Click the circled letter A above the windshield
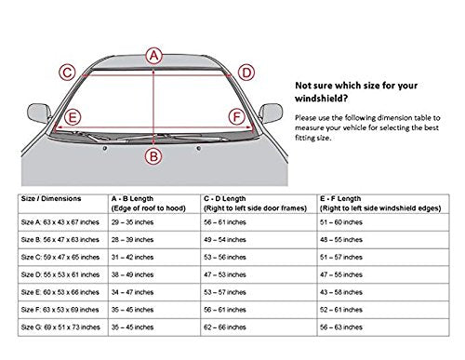point(154,56)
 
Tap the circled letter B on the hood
point(153,156)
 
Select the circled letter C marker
point(67,73)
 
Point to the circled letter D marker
point(246,73)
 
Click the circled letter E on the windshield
point(73,117)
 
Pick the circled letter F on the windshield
point(237,117)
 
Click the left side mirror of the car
point(39,113)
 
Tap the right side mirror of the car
point(271,113)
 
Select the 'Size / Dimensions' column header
point(51,198)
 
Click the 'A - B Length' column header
point(132,198)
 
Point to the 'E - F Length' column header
point(340,198)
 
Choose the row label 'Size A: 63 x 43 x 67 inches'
point(60,222)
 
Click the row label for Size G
point(60,327)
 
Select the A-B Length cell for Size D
point(132,274)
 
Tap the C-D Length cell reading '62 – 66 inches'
point(225,327)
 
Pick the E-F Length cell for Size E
point(341,292)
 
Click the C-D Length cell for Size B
point(225,240)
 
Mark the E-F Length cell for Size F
point(341,310)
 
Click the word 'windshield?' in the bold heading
point(321,99)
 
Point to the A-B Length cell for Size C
point(132,258)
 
